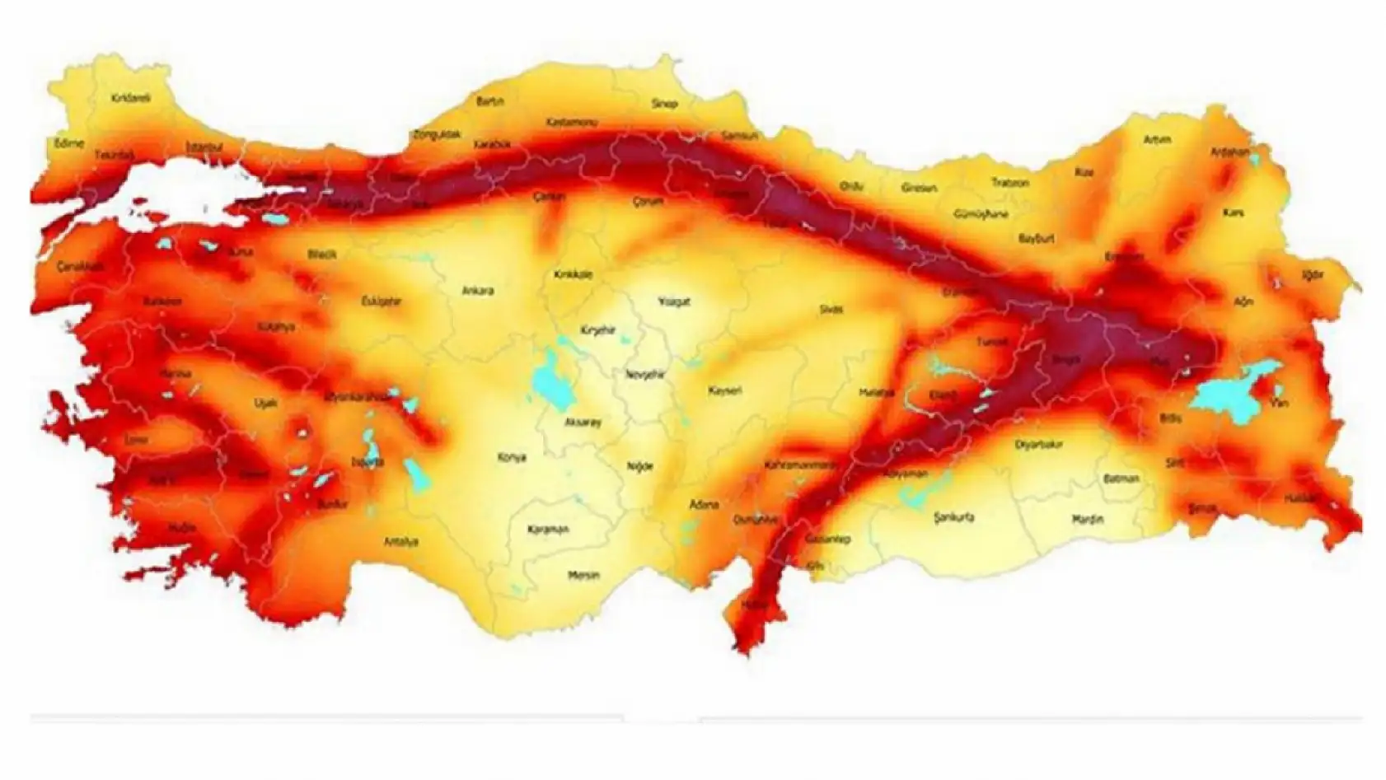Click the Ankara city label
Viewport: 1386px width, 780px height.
pos(477,291)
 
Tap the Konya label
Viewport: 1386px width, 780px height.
pos(512,457)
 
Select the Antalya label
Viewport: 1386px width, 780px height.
pos(401,541)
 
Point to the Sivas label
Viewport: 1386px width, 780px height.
pos(831,309)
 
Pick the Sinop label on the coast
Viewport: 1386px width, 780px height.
pos(664,104)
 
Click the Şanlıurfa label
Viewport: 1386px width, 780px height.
pos(954,518)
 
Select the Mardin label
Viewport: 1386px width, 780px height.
pos(1087,520)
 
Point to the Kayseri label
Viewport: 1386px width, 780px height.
pos(725,390)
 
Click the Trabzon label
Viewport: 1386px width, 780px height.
pos(1009,183)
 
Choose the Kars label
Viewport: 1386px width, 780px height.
pos(1233,213)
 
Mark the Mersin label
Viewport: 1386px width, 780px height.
pos(584,575)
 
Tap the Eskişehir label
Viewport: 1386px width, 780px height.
pos(382,301)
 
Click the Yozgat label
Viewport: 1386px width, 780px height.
pos(674,301)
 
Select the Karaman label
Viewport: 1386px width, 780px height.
pos(548,530)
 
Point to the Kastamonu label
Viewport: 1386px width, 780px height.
pos(571,123)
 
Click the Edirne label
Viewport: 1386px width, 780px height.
pos(69,143)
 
